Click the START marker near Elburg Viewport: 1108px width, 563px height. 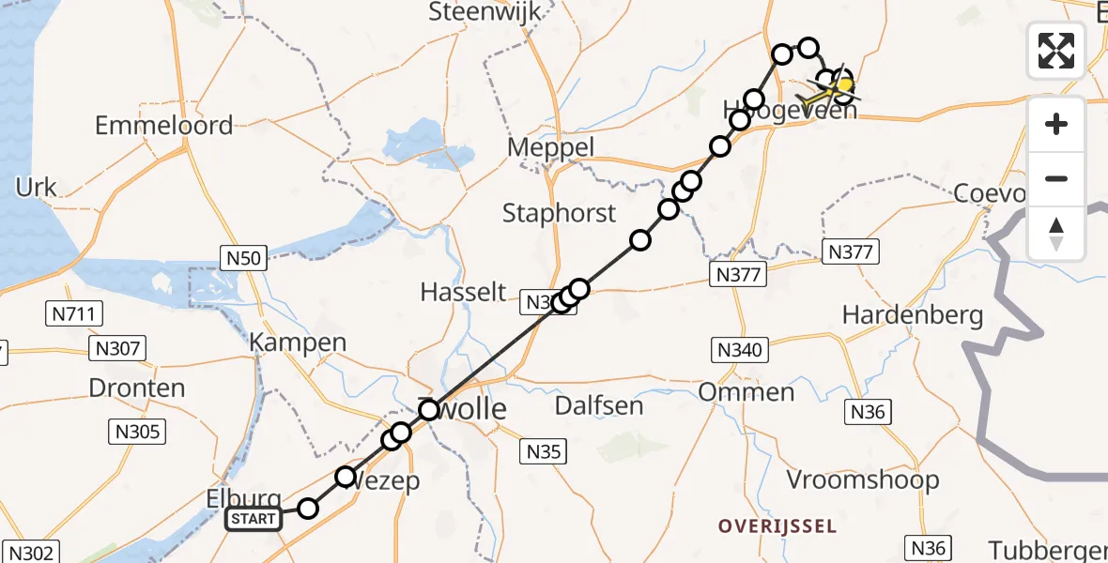pos(254,519)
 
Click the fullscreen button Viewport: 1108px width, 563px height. pos(1056,51)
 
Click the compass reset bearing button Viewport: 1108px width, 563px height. pos(1056,234)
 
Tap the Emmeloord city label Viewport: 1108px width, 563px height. pos(164,126)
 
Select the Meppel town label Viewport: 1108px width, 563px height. pos(551,148)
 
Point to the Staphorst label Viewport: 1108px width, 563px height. pos(559,213)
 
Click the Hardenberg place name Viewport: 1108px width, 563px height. pos(913,315)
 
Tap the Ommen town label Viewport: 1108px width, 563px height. pos(746,391)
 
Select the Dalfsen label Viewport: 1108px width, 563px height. pos(599,405)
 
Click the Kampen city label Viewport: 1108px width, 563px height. pos(299,343)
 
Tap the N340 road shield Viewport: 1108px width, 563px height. pos(739,350)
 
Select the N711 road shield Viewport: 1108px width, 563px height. pos(74,313)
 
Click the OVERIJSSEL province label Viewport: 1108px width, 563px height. pos(777,526)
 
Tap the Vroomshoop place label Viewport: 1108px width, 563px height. pos(862,480)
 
